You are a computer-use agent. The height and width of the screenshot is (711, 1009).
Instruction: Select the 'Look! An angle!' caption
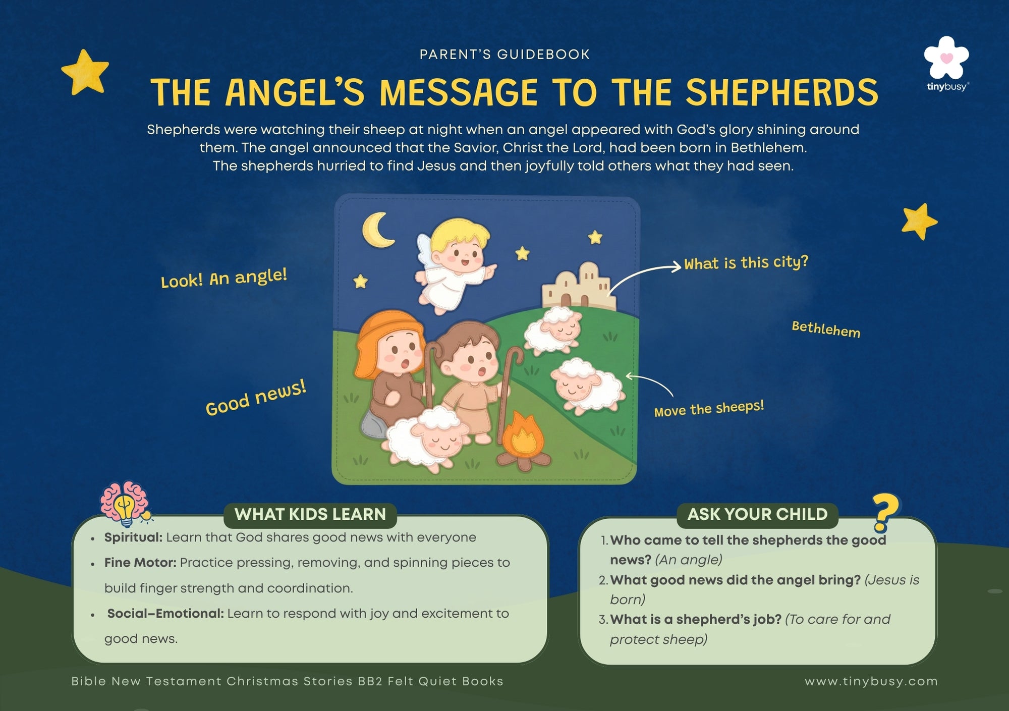pyautogui.click(x=224, y=277)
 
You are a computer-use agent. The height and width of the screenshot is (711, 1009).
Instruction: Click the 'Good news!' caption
pyautogui.click(x=256, y=398)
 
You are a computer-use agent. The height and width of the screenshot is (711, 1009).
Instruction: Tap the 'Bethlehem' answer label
pyautogui.click(x=826, y=329)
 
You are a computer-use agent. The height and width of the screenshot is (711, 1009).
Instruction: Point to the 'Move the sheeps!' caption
pyautogui.click(x=709, y=408)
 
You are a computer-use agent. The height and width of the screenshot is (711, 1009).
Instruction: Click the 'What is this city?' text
pyautogui.click(x=746, y=262)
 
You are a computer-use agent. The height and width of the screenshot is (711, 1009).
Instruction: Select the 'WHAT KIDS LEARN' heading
pyautogui.click(x=310, y=514)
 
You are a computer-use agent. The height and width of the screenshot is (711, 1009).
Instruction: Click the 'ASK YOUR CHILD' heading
pyautogui.click(x=757, y=514)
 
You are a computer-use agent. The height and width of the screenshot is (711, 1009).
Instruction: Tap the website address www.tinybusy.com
pyautogui.click(x=871, y=681)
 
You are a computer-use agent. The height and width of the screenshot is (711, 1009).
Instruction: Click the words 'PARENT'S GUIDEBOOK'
pyautogui.click(x=504, y=54)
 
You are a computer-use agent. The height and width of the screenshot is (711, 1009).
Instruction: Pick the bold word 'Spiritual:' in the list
pyautogui.click(x=133, y=538)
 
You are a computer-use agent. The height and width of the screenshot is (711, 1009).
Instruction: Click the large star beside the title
pyautogui.click(x=85, y=72)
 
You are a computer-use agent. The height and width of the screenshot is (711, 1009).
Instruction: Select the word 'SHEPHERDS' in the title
pyautogui.click(x=781, y=92)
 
